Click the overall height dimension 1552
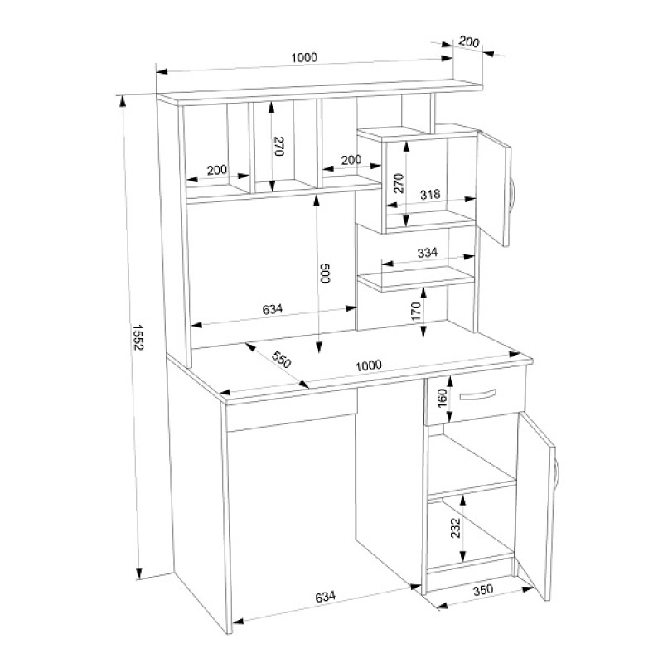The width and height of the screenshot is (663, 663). pos(138,337)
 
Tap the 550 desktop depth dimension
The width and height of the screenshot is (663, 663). pos(281,360)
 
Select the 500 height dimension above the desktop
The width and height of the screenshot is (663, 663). pos(324,273)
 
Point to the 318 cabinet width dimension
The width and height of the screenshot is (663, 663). pos(430,195)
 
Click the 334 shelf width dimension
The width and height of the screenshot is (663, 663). pos(427,253)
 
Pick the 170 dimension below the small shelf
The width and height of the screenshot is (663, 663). pos(416,311)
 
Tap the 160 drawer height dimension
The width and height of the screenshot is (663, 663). pos(442,399)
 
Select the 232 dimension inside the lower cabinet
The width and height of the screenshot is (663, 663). pos(455,528)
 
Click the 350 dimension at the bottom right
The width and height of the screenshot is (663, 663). pos(483,589)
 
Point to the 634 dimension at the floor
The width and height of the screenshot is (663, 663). pos(325,597)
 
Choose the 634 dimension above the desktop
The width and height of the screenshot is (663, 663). pos(273,309)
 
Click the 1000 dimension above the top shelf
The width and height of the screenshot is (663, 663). pos(304,57)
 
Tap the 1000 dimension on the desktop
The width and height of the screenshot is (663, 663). pos(368,365)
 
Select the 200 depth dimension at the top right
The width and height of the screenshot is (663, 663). pos(469,42)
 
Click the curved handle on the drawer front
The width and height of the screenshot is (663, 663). pos(477,395)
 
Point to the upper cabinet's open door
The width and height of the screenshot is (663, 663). pos(494,189)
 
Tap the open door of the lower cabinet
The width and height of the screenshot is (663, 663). pos(536,507)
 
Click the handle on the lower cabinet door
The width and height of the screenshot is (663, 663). pos(557,472)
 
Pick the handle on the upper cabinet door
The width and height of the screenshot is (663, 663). pos(513,193)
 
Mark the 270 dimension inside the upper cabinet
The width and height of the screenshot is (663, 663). pos(399,183)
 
